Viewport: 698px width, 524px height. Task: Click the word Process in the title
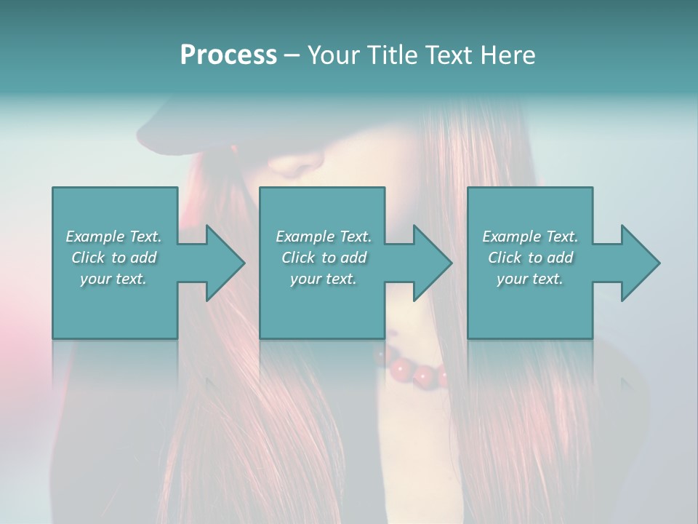(x=228, y=55)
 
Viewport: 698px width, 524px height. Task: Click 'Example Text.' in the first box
(x=113, y=237)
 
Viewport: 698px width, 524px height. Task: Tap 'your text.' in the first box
(x=113, y=279)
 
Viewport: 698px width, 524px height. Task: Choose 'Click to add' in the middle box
(x=324, y=258)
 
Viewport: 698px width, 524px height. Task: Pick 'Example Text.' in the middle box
(x=324, y=237)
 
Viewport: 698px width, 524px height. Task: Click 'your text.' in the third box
(x=530, y=279)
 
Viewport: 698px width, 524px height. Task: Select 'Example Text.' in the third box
(x=530, y=237)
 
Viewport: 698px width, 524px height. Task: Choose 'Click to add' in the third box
(x=530, y=258)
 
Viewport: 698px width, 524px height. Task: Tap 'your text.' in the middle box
(x=324, y=279)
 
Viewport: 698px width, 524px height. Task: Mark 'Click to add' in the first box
(x=113, y=258)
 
